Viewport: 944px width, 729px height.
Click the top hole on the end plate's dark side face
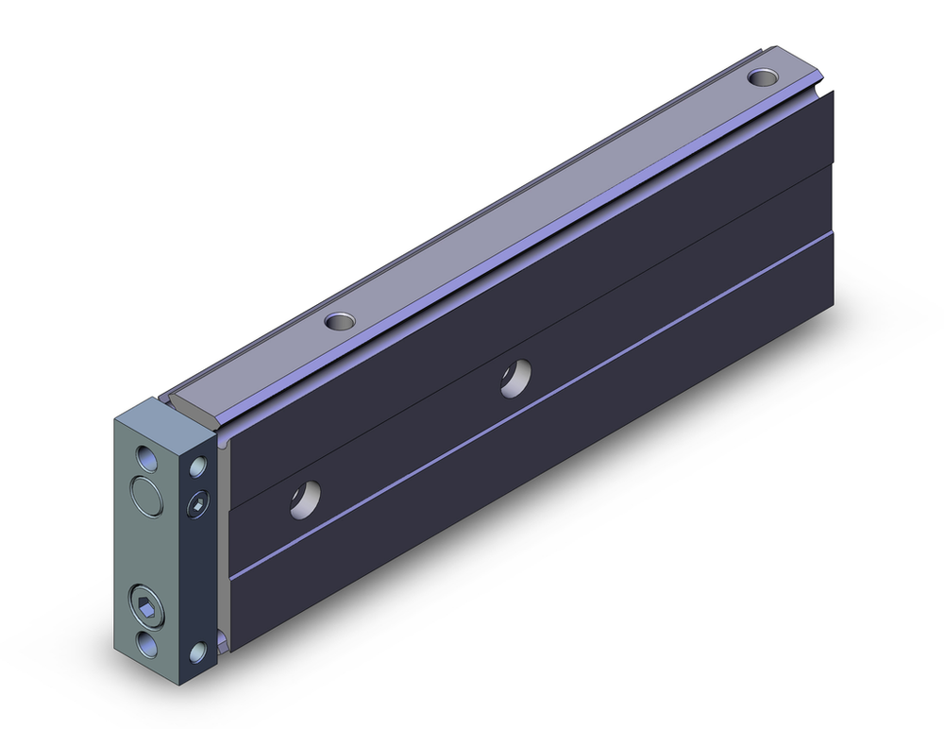click(198, 466)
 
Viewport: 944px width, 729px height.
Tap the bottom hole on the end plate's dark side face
click(198, 652)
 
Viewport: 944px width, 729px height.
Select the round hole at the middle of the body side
click(514, 378)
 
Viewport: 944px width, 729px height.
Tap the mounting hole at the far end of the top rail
click(760, 76)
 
